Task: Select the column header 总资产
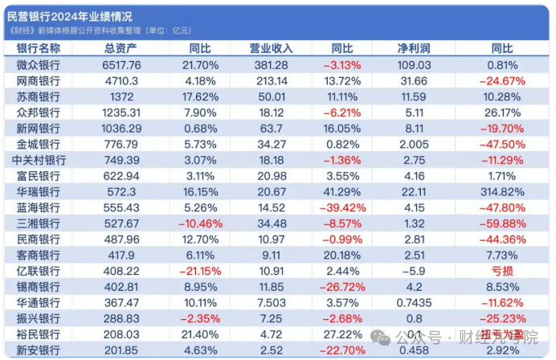pyautogui.click(x=123, y=49)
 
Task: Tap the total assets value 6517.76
pyautogui.click(x=122, y=65)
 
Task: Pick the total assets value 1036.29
pyautogui.click(x=122, y=129)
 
